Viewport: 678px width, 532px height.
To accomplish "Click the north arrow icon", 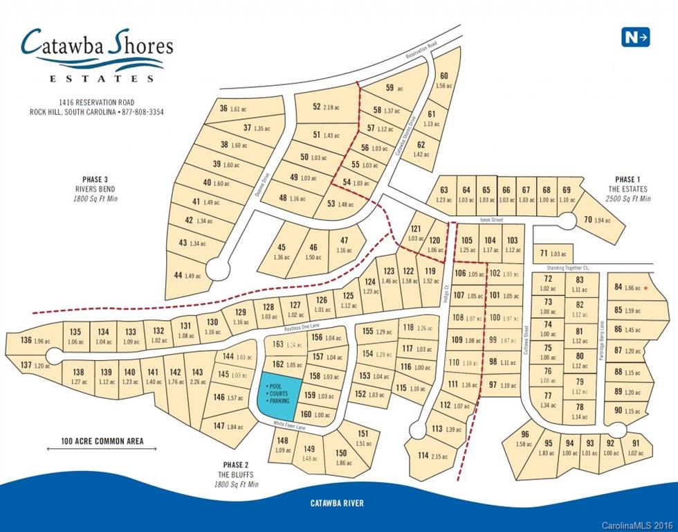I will pos(635,37).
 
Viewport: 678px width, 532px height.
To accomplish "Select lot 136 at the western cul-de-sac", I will pos(26,342).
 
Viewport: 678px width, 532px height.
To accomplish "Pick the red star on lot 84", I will pos(645,287).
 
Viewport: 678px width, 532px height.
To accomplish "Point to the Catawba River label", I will pos(338,503).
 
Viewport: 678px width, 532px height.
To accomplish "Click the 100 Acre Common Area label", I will pos(102,441).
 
